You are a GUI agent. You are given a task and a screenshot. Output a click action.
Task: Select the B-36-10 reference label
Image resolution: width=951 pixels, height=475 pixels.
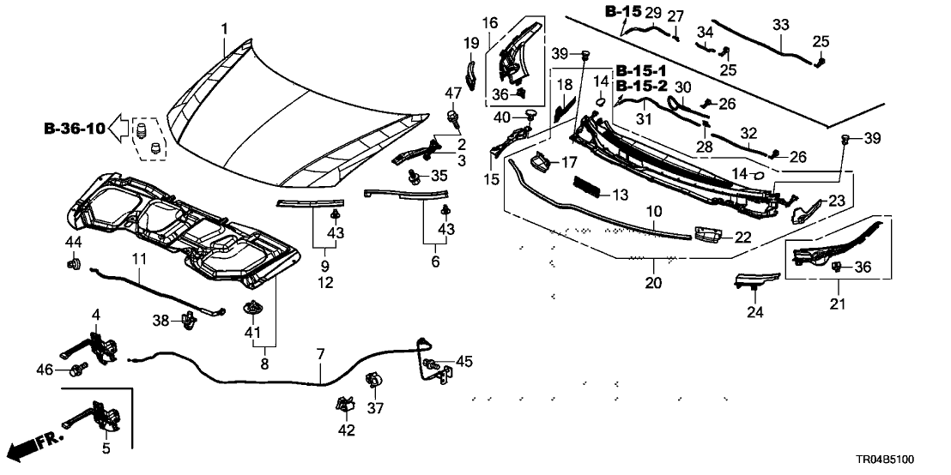coord(75,129)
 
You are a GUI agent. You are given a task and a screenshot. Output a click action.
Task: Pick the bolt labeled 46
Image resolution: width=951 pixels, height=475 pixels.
coord(77,370)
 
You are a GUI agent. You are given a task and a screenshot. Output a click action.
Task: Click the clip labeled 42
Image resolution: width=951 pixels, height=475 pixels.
coord(347,403)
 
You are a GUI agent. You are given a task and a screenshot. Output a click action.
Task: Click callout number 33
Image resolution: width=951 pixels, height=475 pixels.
coord(780,26)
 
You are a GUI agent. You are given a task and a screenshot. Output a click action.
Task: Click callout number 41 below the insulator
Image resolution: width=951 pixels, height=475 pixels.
coord(253,332)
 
